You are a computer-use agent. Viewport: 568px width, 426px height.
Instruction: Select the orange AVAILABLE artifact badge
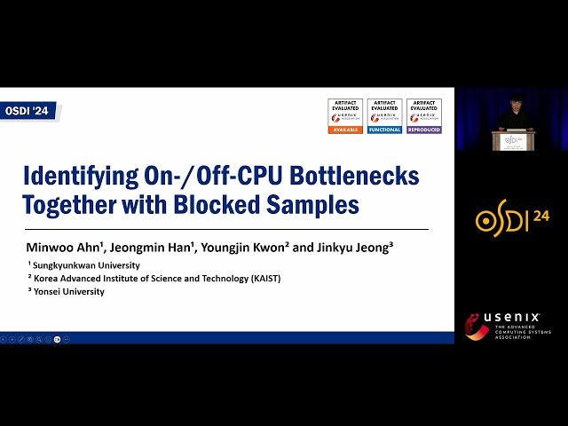point(344,116)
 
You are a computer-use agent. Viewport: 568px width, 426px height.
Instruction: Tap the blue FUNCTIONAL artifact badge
point(384,116)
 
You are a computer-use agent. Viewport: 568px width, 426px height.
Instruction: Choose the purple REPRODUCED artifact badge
point(424,116)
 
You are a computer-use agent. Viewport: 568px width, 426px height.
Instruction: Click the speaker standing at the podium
point(515,116)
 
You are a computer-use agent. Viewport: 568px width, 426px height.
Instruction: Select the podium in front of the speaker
point(513,141)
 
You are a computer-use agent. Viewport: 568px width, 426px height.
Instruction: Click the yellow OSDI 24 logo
point(512,219)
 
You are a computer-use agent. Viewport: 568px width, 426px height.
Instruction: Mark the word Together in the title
point(75,205)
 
